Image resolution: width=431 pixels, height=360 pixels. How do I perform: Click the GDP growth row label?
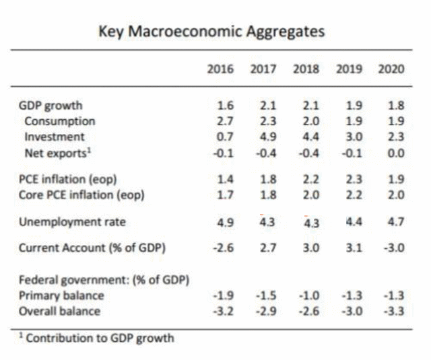(x=51, y=106)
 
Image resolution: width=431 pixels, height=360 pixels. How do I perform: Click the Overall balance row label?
(x=59, y=311)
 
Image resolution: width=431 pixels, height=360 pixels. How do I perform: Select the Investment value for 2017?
(x=263, y=137)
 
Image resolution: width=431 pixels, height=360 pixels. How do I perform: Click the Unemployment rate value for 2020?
(x=395, y=221)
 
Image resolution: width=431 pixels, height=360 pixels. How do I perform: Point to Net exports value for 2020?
(x=395, y=152)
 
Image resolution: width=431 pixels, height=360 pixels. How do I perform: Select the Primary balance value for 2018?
(x=307, y=296)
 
